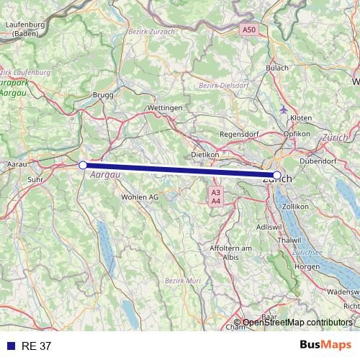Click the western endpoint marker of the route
click(x=83, y=165)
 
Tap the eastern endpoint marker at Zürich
click(x=277, y=175)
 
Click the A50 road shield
click(x=248, y=30)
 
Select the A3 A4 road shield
click(x=216, y=197)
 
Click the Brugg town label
click(x=103, y=94)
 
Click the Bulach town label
click(x=277, y=68)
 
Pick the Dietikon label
click(x=204, y=155)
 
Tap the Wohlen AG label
click(x=140, y=197)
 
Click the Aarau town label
click(x=17, y=165)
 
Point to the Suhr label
click(x=35, y=179)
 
